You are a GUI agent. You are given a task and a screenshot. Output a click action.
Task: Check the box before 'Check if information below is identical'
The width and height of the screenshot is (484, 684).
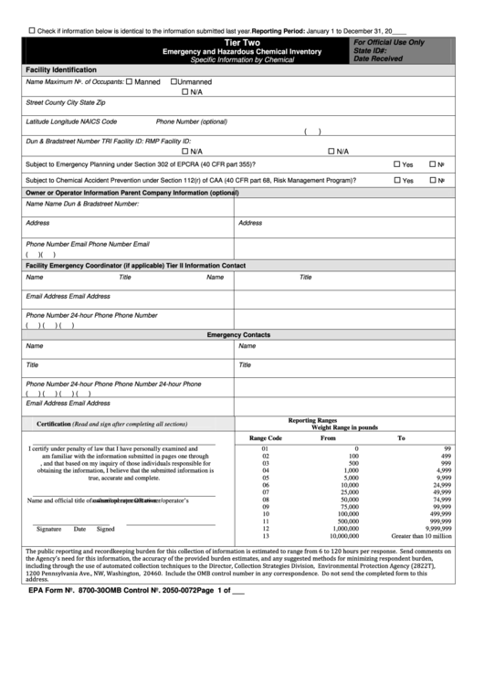coord(32,30)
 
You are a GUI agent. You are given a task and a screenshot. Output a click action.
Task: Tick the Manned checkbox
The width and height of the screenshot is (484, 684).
coord(129,82)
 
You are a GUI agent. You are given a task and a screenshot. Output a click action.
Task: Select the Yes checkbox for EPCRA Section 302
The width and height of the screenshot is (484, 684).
coord(422,164)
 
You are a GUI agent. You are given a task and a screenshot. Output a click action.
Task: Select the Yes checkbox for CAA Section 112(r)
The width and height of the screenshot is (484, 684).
coord(422,180)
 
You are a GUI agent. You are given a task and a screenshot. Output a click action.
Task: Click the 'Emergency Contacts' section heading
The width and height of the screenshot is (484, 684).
coord(238,335)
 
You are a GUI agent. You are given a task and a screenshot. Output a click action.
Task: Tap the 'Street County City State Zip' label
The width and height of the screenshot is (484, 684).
coord(66,103)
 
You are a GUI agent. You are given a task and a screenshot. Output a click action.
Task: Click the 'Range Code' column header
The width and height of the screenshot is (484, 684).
coord(266,438)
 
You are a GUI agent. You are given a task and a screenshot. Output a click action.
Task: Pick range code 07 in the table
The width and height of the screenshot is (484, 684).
coord(266,492)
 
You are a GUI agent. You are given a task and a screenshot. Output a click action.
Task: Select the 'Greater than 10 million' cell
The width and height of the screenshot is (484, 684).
coord(421,536)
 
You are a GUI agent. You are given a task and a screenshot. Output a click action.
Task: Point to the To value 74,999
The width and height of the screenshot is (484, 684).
coord(442,500)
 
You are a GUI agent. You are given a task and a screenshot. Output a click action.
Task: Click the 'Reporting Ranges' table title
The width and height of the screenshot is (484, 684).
coord(313,420)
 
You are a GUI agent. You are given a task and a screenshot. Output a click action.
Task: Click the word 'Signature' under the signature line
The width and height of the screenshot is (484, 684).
coord(48,529)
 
